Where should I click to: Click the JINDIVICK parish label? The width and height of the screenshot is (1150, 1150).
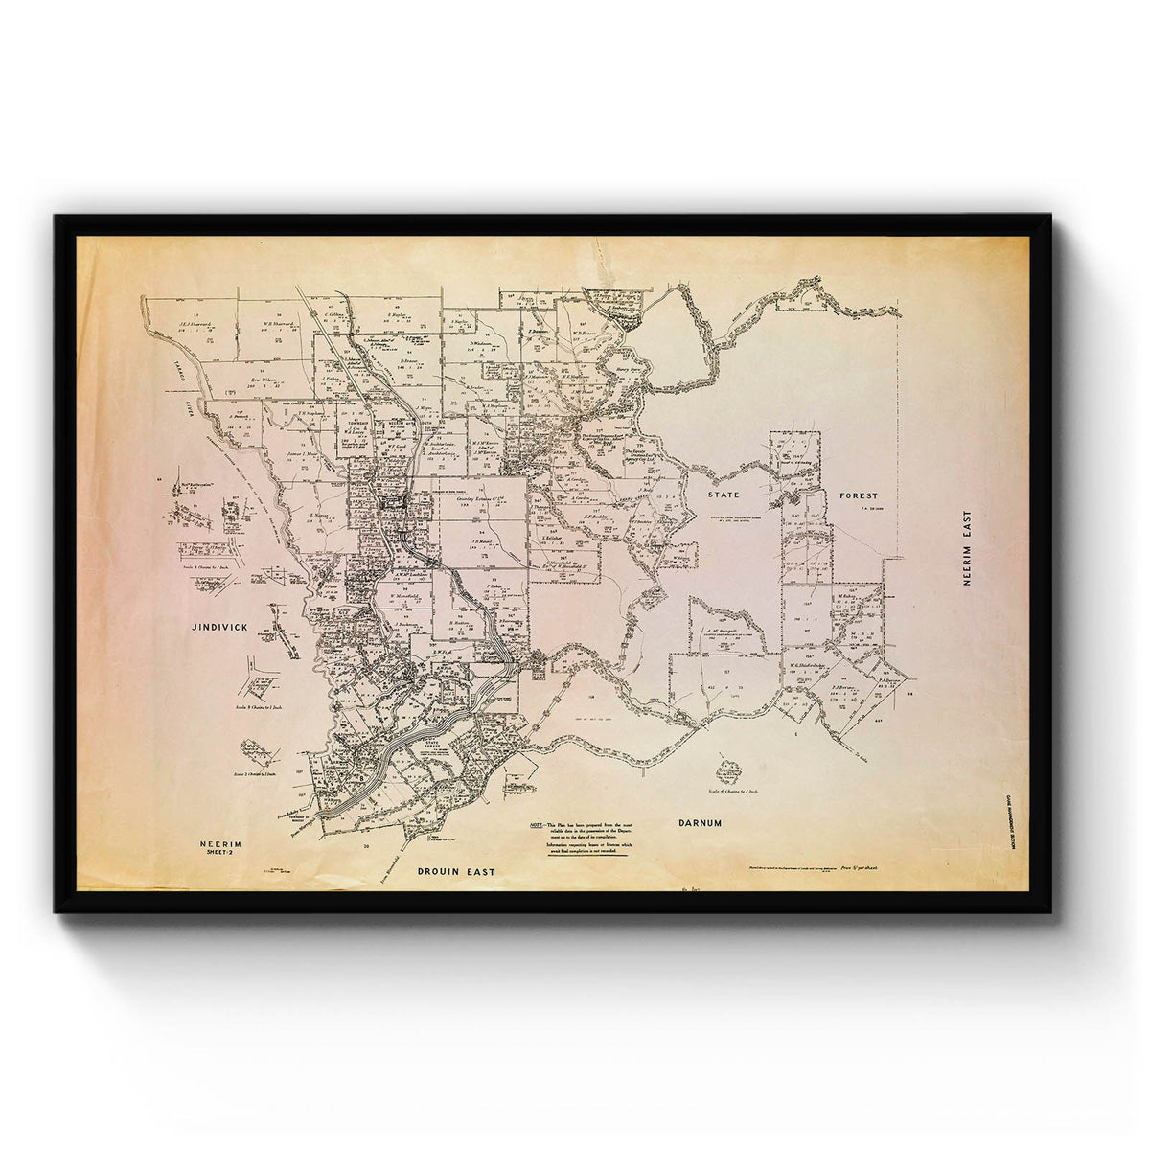[x=219, y=626]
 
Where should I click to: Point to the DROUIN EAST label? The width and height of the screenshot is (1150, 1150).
[x=456, y=872]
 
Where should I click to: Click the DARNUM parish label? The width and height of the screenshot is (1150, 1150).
[x=699, y=823]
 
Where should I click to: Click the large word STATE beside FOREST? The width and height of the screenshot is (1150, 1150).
[x=725, y=495]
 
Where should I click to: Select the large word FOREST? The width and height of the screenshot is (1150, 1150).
[x=858, y=495]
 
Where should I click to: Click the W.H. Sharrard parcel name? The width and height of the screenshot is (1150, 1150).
[x=277, y=324]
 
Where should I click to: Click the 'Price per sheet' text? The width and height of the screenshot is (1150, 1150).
[x=860, y=866]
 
